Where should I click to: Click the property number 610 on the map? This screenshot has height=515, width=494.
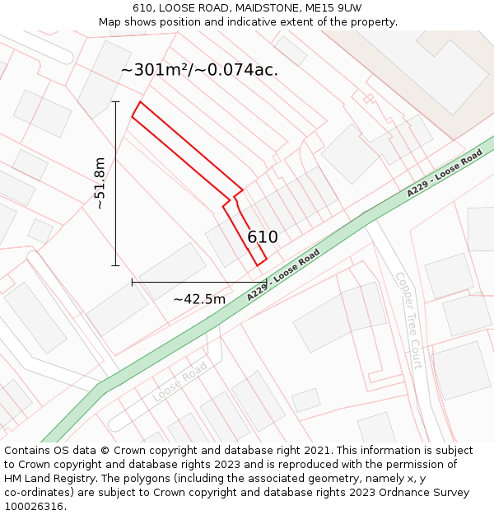pyautogui.click(x=263, y=237)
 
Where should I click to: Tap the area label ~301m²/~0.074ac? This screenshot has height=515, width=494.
pyautogui.click(x=199, y=70)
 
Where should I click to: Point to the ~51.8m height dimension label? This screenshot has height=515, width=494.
pyautogui.click(x=100, y=183)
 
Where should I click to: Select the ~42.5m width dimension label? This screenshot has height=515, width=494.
pyautogui.click(x=198, y=299)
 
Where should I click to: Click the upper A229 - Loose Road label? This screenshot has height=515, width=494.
pyautogui.click(x=444, y=174)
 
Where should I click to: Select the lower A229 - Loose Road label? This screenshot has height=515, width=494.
pyautogui.click(x=283, y=274)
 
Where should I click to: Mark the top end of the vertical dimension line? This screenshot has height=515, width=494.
pyautogui.click(x=115, y=101)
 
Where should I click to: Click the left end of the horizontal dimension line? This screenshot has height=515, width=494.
pyautogui.click(x=132, y=282)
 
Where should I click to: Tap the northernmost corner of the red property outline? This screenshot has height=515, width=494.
pyautogui.click(x=141, y=101)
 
